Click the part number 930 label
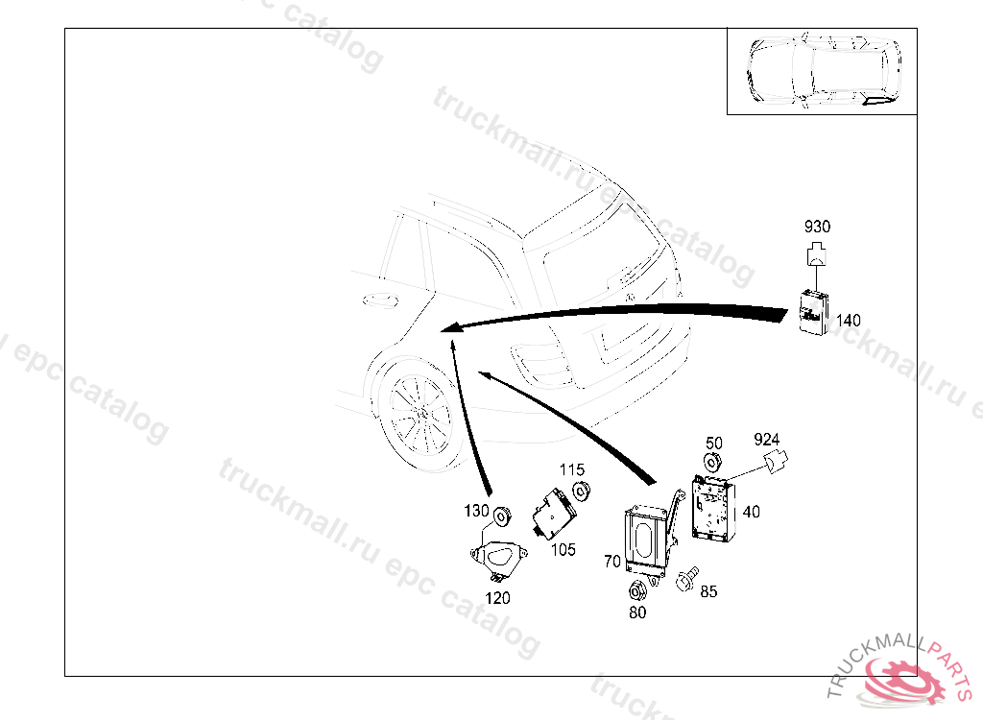(817, 227)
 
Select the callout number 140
(849, 321)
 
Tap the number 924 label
(766, 439)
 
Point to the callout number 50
(714, 444)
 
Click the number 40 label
(751, 512)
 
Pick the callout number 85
(708, 591)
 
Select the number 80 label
(637, 612)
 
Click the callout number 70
(612, 562)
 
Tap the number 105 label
(563, 550)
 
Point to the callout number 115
(572, 469)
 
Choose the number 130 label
(476, 511)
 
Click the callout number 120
(497, 598)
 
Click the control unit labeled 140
(814, 310)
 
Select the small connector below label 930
(816, 254)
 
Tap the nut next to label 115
(583, 492)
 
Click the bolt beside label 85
(686, 578)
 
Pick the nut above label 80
(636, 591)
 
